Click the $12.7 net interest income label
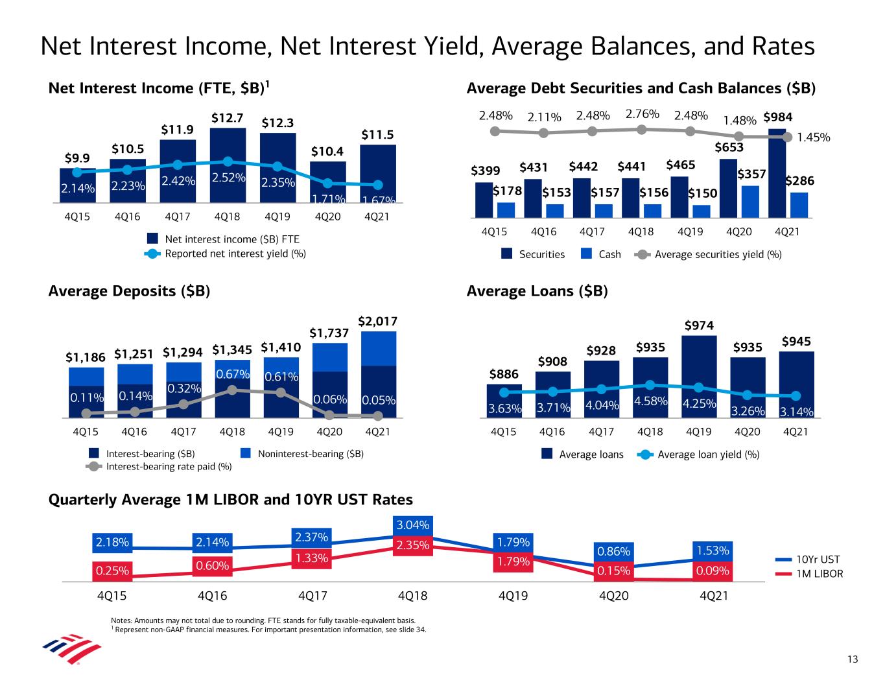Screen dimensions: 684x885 pos(228,118)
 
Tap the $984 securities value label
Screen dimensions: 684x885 pos(777,117)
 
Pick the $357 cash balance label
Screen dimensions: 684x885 pos(752,174)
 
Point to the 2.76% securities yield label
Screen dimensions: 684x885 pos(642,115)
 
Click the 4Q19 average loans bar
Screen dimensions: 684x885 pos(698,376)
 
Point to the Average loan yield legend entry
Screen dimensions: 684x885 pos(708,454)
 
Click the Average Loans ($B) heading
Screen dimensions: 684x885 pos(537,291)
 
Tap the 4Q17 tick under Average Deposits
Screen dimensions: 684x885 pos(183,431)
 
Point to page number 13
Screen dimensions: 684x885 pos(852,659)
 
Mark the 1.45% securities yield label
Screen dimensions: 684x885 pos(814,137)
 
